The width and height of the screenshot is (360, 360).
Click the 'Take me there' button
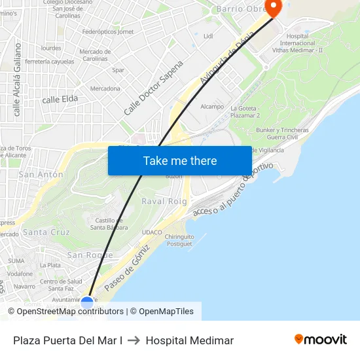[x=179, y=160]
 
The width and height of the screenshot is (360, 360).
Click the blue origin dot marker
[x=87, y=303]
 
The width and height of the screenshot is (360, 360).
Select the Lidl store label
[x=208, y=36]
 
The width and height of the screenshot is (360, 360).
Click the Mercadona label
[x=105, y=88]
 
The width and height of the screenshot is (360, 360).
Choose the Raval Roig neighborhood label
[x=164, y=202]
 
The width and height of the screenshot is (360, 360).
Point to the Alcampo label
[x=212, y=107]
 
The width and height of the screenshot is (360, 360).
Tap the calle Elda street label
[x=60, y=99]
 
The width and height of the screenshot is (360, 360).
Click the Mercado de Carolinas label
[x=94, y=55]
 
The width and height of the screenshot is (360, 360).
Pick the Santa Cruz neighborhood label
[x=46, y=232]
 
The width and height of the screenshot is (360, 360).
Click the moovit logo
[x=321, y=340]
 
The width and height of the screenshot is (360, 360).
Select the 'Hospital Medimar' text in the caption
[x=190, y=340]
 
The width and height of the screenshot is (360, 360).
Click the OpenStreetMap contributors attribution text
[x=70, y=312]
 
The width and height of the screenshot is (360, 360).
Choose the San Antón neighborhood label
[x=41, y=175]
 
